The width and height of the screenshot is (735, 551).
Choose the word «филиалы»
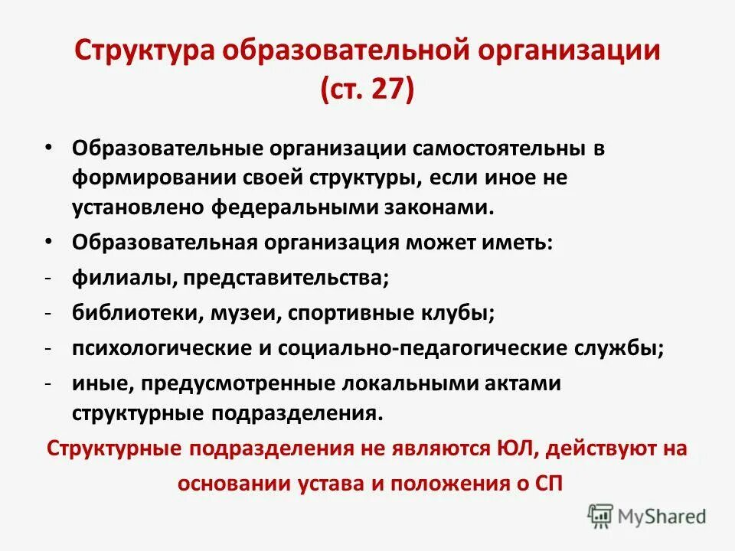122,279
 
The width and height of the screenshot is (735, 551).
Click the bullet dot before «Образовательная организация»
48,242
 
